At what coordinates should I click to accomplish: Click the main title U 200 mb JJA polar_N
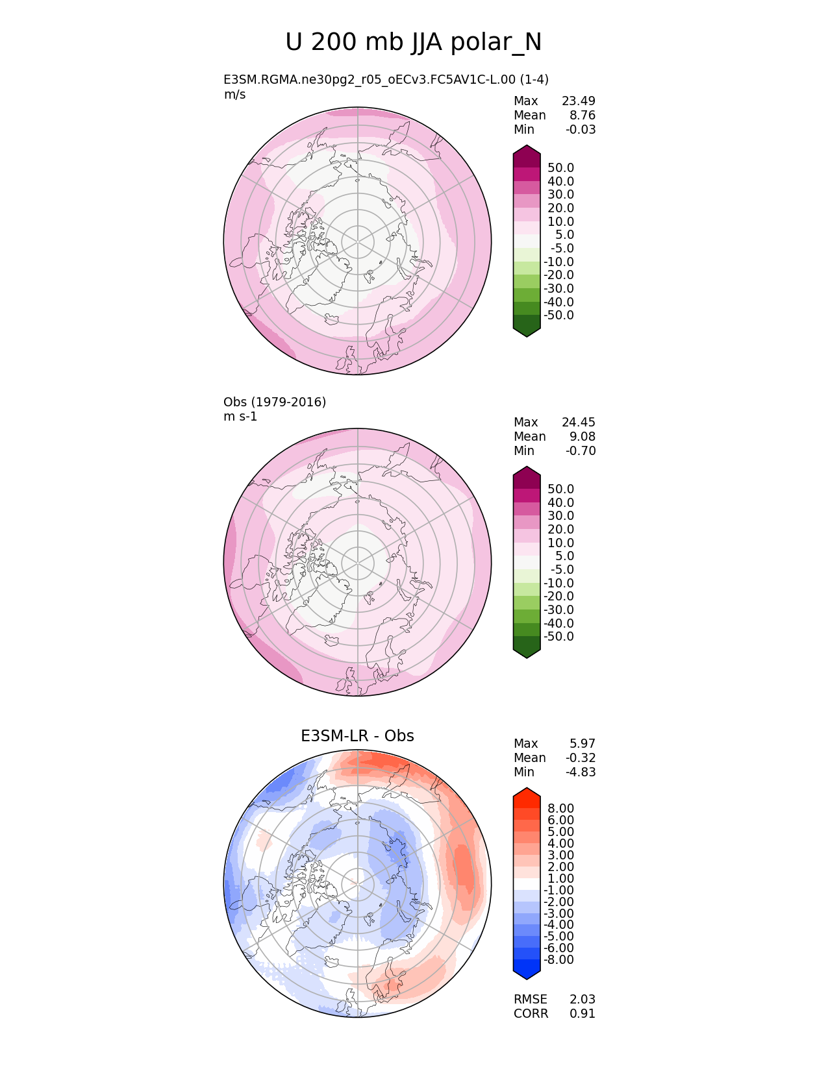pos(413,42)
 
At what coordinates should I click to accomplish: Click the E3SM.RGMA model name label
pos(386,79)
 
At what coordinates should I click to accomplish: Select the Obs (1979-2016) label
pos(275,402)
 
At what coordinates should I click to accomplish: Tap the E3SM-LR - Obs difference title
pos(357,735)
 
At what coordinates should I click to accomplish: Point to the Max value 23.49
pos(578,101)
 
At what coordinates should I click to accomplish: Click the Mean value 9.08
pos(583,436)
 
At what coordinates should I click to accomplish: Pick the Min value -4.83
pos(580,772)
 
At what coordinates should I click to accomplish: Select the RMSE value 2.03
pos(583,999)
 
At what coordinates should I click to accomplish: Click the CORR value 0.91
pos(583,1013)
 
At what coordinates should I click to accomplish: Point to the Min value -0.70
pos(580,450)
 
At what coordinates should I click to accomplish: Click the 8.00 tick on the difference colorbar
pos(560,808)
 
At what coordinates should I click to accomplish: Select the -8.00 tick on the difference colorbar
pos(558,959)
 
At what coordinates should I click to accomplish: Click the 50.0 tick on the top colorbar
pos(560,167)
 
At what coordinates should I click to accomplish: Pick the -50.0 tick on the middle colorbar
pos(558,636)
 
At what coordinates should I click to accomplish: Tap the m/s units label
pos(234,94)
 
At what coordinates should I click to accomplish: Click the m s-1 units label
pos(240,416)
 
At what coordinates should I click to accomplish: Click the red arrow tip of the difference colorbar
pos(527,794)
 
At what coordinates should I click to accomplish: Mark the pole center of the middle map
pos(357,562)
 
